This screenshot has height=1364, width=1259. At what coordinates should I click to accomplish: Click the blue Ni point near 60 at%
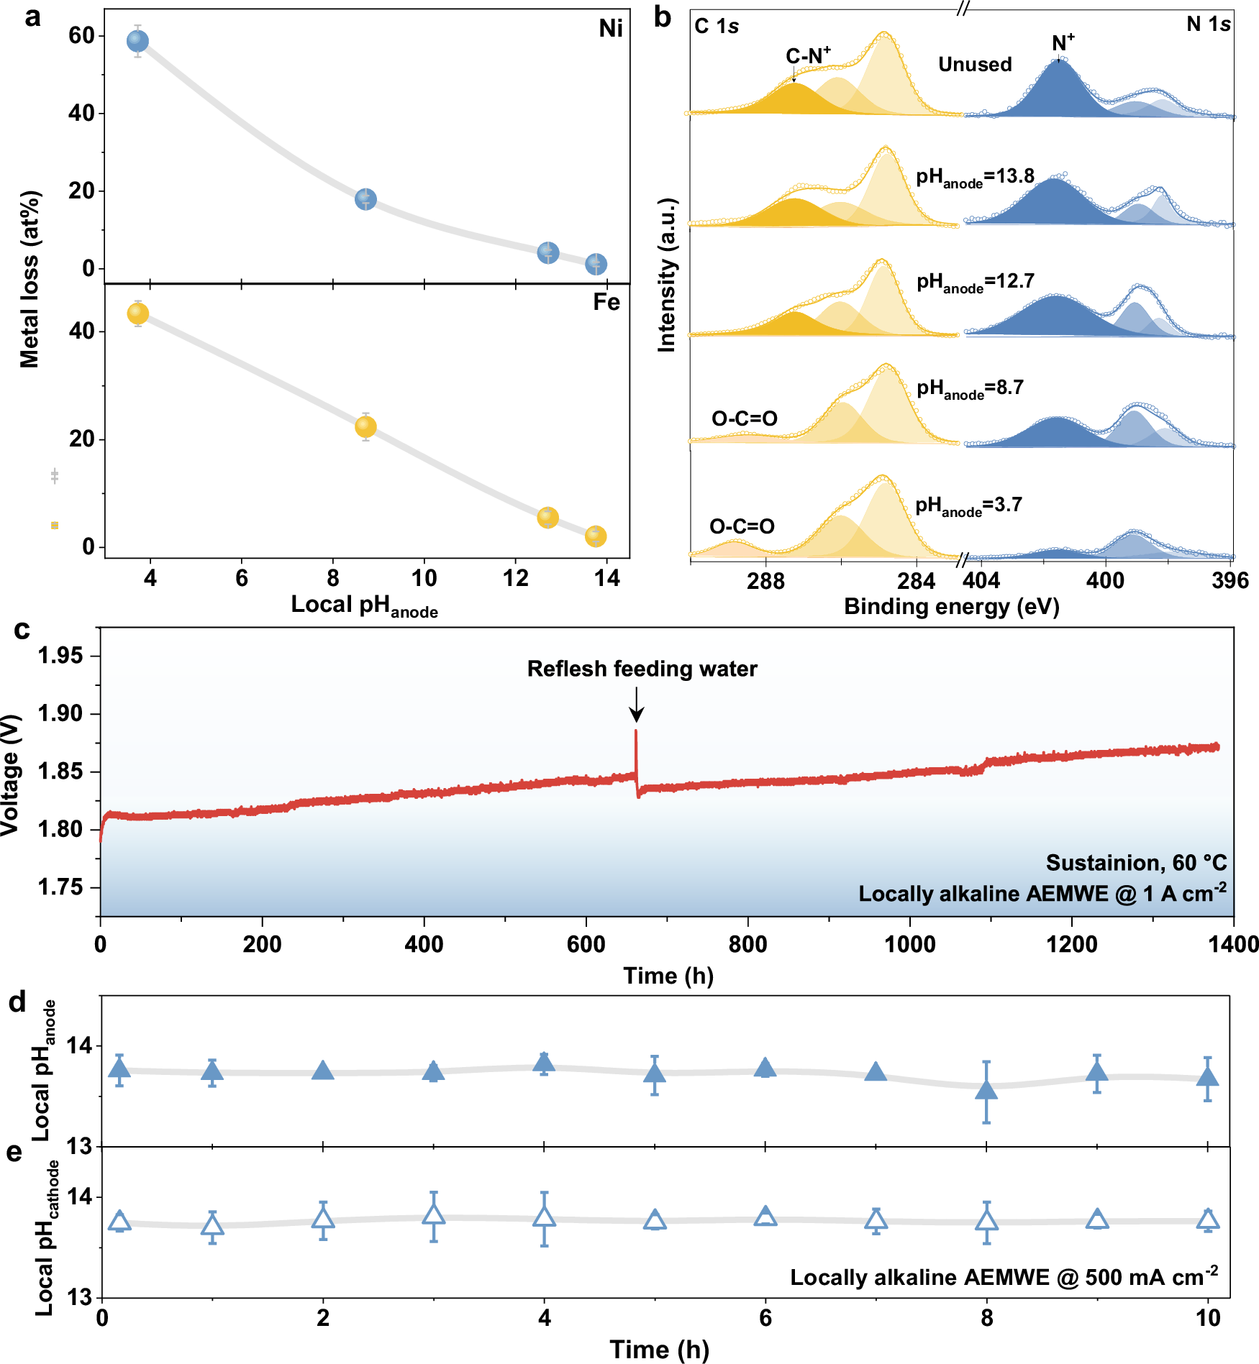pyautogui.click(x=137, y=41)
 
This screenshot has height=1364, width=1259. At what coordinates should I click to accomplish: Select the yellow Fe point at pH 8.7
pyautogui.click(x=365, y=426)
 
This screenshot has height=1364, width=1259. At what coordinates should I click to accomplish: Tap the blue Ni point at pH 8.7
pyautogui.click(x=365, y=199)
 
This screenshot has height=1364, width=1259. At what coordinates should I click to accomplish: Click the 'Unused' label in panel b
pyautogui.click(x=975, y=65)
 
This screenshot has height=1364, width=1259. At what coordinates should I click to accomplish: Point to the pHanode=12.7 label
pyautogui.click(x=975, y=282)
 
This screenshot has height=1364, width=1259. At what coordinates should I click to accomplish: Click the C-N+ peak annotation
pyautogui.click(x=807, y=56)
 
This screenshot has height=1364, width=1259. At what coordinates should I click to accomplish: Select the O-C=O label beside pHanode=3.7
pyautogui.click(x=742, y=526)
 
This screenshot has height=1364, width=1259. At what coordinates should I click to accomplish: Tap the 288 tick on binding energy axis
pyautogui.click(x=765, y=581)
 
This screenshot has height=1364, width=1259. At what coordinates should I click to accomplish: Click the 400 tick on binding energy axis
pyautogui.click(x=1105, y=581)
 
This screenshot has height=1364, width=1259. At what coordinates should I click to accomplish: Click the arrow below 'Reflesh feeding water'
pyautogui.click(x=636, y=705)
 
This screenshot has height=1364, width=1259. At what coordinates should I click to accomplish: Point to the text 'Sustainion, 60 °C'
pyautogui.click(x=1136, y=862)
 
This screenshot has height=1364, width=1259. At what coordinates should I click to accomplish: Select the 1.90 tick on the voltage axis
pyautogui.click(x=60, y=713)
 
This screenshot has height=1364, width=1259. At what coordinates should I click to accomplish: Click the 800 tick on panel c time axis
pyautogui.click(x=747, y=944)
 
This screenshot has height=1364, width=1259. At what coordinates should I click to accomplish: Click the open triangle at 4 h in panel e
pyautogui.click(x=545, y=1217)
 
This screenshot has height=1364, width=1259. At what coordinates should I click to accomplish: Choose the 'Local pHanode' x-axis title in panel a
pyautogui.click(x=364, y=606)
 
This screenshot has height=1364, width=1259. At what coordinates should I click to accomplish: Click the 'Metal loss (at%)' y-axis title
pyautogui.click(x=29, y=279)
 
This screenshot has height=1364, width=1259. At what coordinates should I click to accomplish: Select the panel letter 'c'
pyautogui.click(x=22, y=630)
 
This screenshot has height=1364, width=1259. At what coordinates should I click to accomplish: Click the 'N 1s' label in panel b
pyautogui.click(x=1208, y=24)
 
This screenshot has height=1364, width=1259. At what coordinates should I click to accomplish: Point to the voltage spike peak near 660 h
pyautogui.click(x=636, y=732)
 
